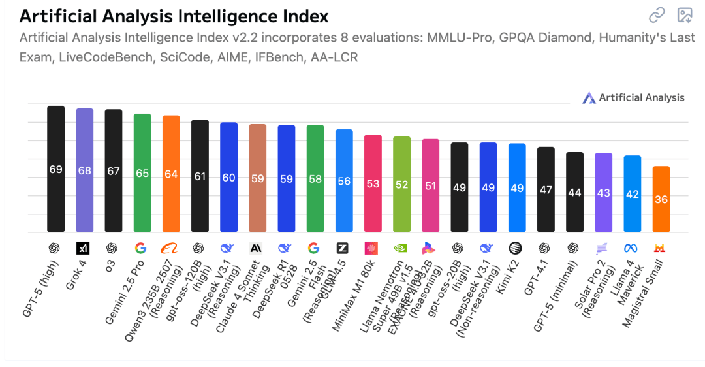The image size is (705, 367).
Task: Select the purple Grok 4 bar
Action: pyautogui.click(x=84, y=170)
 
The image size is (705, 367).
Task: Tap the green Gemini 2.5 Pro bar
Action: pyautogui.click(x=142, y=172)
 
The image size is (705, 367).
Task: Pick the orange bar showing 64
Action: pyautogui.click(x=171, y=174)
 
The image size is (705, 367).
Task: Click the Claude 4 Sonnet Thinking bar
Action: pyautogui.click(x=257, y=178)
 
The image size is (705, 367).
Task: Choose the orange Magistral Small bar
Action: pyautogui.click(x=661, y=199)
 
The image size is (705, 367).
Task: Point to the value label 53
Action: pyautogui.click(x=373, y=184)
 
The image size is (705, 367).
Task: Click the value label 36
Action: pyautogui.click(x=661, y=200)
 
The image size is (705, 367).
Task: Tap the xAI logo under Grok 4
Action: pyautogui.click(x=84, y=248)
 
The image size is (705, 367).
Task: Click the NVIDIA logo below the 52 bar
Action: pyautogui.click(x=401, y=248)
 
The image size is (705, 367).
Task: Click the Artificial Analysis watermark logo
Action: pyautogui.click(x=589, y=98)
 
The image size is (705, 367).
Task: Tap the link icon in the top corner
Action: pyautogui.click(x=656, y=15)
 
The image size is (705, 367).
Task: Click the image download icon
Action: pyautogui.click(x=685, y=15)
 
